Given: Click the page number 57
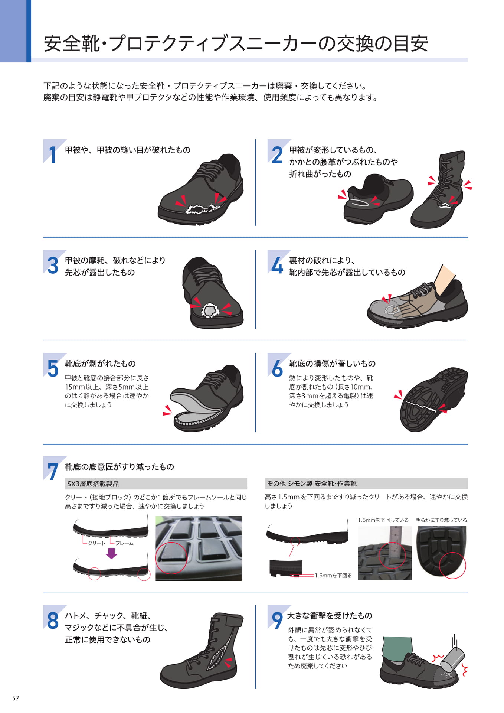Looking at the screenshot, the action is [15, 698].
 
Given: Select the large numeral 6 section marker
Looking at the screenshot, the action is [277, 368].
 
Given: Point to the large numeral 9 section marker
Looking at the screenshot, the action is [277, 621].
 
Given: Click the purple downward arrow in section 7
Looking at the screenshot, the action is [111, 554].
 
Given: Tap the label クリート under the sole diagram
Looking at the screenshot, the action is [96, 543].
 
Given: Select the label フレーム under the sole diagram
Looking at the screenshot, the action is [124, 543].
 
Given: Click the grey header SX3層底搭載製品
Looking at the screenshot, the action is [156, 484].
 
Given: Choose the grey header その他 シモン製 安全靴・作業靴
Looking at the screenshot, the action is [366, 484].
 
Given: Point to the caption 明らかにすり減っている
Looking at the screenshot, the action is [441, 520].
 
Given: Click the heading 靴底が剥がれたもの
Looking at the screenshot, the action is [100, 364].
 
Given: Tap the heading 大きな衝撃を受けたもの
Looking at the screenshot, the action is [330, 616].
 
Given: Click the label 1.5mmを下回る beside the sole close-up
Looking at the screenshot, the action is [333, 576].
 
